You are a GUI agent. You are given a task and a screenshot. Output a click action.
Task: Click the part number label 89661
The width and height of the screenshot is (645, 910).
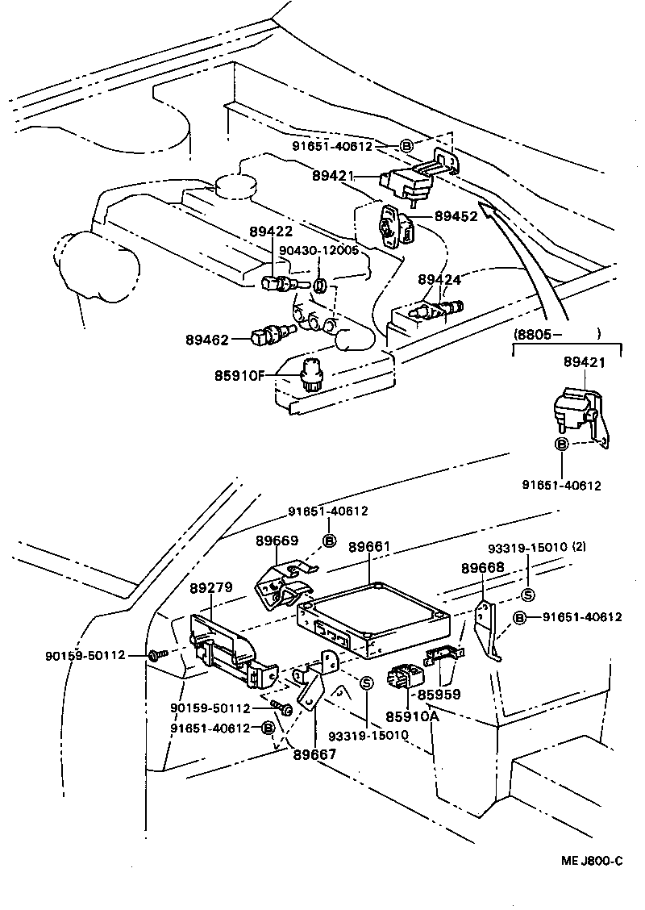(x=369, y=547)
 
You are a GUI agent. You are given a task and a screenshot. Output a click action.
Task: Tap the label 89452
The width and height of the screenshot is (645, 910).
(x=456, y=215)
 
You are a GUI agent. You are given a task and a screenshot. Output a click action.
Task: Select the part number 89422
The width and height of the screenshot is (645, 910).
(x=271, y=232)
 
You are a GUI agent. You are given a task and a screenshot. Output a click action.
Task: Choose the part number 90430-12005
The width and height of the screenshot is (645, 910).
(x=318, y=250)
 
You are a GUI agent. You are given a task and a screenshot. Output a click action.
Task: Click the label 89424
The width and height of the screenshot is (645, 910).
(x=439, y=279)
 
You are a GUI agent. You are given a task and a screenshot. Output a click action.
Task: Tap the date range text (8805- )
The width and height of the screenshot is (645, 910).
(x=557, y=332)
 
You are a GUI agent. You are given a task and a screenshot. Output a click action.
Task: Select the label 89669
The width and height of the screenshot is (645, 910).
(x=277, y=541)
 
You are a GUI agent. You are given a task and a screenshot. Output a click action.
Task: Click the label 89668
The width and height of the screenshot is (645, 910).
(x=482, y=567)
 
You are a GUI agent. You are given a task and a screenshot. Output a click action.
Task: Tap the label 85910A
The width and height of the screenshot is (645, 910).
(x=412, y=716)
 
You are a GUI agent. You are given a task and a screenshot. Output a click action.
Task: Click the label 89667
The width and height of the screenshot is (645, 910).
(x=314, y=754)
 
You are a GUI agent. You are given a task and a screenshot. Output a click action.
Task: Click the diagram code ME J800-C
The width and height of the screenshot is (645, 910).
(x=592, y=861)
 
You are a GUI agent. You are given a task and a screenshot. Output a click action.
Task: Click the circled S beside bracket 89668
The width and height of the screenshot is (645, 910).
(x=529, y=595)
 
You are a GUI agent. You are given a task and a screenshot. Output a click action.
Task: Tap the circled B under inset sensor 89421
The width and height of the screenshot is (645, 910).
(x=561, y=445)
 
